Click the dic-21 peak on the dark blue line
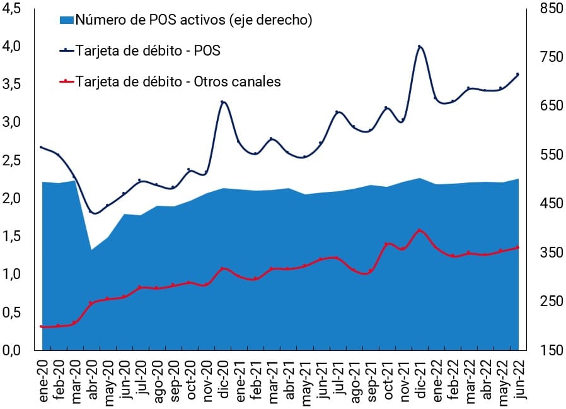420,47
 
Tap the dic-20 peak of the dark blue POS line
222,102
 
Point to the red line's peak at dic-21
420,230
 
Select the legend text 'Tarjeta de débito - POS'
147,51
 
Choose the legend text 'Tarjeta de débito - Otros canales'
178,81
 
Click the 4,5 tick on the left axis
13,8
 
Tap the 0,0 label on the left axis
13,350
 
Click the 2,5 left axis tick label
13,160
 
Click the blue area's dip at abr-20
92,250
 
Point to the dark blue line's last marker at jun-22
517,74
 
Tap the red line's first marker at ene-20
42,326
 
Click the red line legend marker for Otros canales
66,81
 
